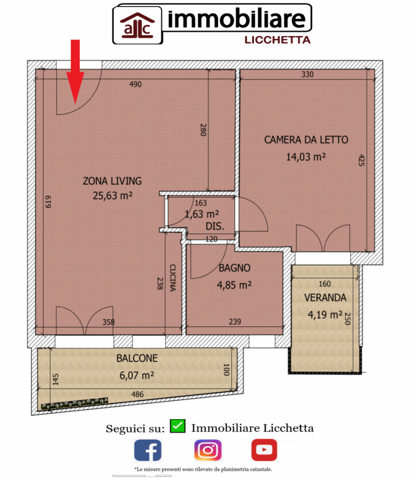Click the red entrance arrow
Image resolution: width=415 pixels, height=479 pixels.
click(75, 72)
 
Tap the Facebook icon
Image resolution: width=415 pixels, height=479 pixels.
click(147, 450)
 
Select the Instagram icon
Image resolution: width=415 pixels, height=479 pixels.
click(208, 450)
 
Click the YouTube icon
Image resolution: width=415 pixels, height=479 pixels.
click(264, 450)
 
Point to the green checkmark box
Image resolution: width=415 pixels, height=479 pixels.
click(177, 426)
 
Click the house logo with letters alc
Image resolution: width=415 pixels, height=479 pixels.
click(137, 26)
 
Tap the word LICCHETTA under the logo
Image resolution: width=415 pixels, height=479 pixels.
click(277, 40)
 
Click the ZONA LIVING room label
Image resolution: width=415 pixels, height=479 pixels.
click(113, 181)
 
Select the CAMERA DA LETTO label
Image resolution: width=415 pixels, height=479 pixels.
click(306, 140)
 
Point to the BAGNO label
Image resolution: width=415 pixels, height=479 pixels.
click(234, 268)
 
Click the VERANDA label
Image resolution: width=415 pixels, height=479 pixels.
click(325, 298)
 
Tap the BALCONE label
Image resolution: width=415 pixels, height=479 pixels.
click(137, 358)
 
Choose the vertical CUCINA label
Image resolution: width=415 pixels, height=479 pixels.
click(172, 278)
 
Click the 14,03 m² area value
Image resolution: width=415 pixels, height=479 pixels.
click(306, 157)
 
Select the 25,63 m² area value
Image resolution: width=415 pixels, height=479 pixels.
click(113, 196)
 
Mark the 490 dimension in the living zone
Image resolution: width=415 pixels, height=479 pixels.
click(135, 84)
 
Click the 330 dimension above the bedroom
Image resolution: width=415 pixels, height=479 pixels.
click(307, 74)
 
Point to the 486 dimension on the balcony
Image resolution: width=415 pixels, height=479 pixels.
click(137, 394)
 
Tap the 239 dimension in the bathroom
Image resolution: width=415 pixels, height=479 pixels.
click(235, 322)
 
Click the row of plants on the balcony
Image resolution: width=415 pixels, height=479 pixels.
click(75, 403)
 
